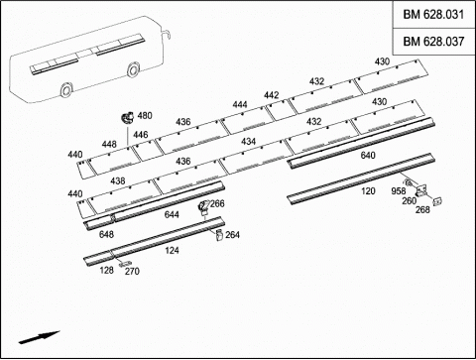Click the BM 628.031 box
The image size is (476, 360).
click(x=433, y=15)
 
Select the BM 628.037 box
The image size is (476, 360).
click(x=433, y=42)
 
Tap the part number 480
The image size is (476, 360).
click(x=145, y=116)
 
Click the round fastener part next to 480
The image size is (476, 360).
click(x=127, y=117)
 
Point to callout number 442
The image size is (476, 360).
click(x=271, y=95)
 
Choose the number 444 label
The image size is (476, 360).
click(x=240, y=105)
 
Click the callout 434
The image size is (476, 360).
click(x=248, y=142)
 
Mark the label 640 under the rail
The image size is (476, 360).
click(x=368, y=155)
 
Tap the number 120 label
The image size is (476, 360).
click(x=368, y=191)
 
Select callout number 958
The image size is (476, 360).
click(x=399, y=191)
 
